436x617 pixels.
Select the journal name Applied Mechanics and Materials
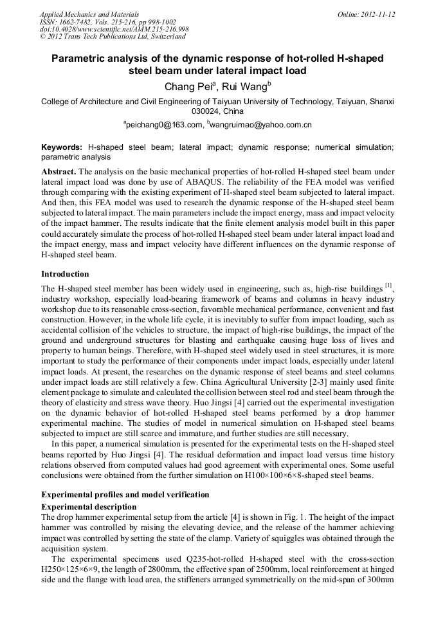tap(80, 14)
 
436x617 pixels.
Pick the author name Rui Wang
tap(246, 86)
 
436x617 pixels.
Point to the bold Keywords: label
tap(62, 147)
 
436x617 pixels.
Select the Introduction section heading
tap(65, 273)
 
